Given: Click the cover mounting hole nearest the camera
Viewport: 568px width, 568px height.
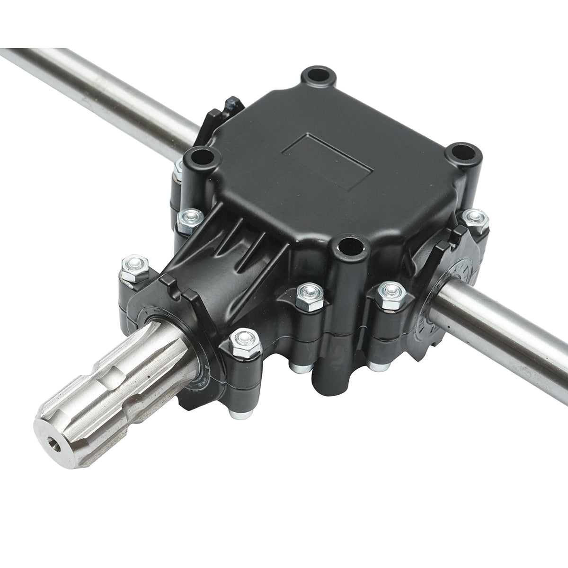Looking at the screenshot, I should pos(350,246).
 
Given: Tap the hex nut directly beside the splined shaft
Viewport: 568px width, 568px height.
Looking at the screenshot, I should pos(244,342).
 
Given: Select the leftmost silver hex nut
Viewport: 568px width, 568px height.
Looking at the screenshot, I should pos(134,267).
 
